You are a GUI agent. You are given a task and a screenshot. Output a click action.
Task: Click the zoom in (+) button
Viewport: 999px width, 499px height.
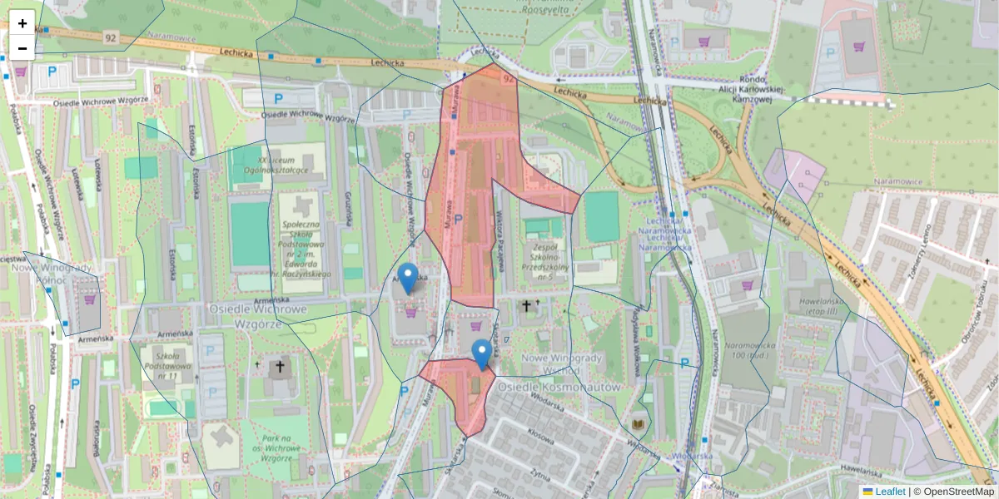click(x=22, y=23)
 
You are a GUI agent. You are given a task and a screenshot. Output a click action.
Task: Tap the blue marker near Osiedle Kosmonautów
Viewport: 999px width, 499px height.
click(x=481, y=354)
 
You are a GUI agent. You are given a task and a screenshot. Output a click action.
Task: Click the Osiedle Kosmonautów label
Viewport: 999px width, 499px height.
click(x=559, y=387)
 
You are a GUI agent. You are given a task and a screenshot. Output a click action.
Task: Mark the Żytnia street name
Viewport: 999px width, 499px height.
click(x=539, y=475)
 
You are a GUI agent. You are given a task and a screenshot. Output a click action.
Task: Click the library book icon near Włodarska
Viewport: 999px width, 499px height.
click(x=639, y=425)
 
